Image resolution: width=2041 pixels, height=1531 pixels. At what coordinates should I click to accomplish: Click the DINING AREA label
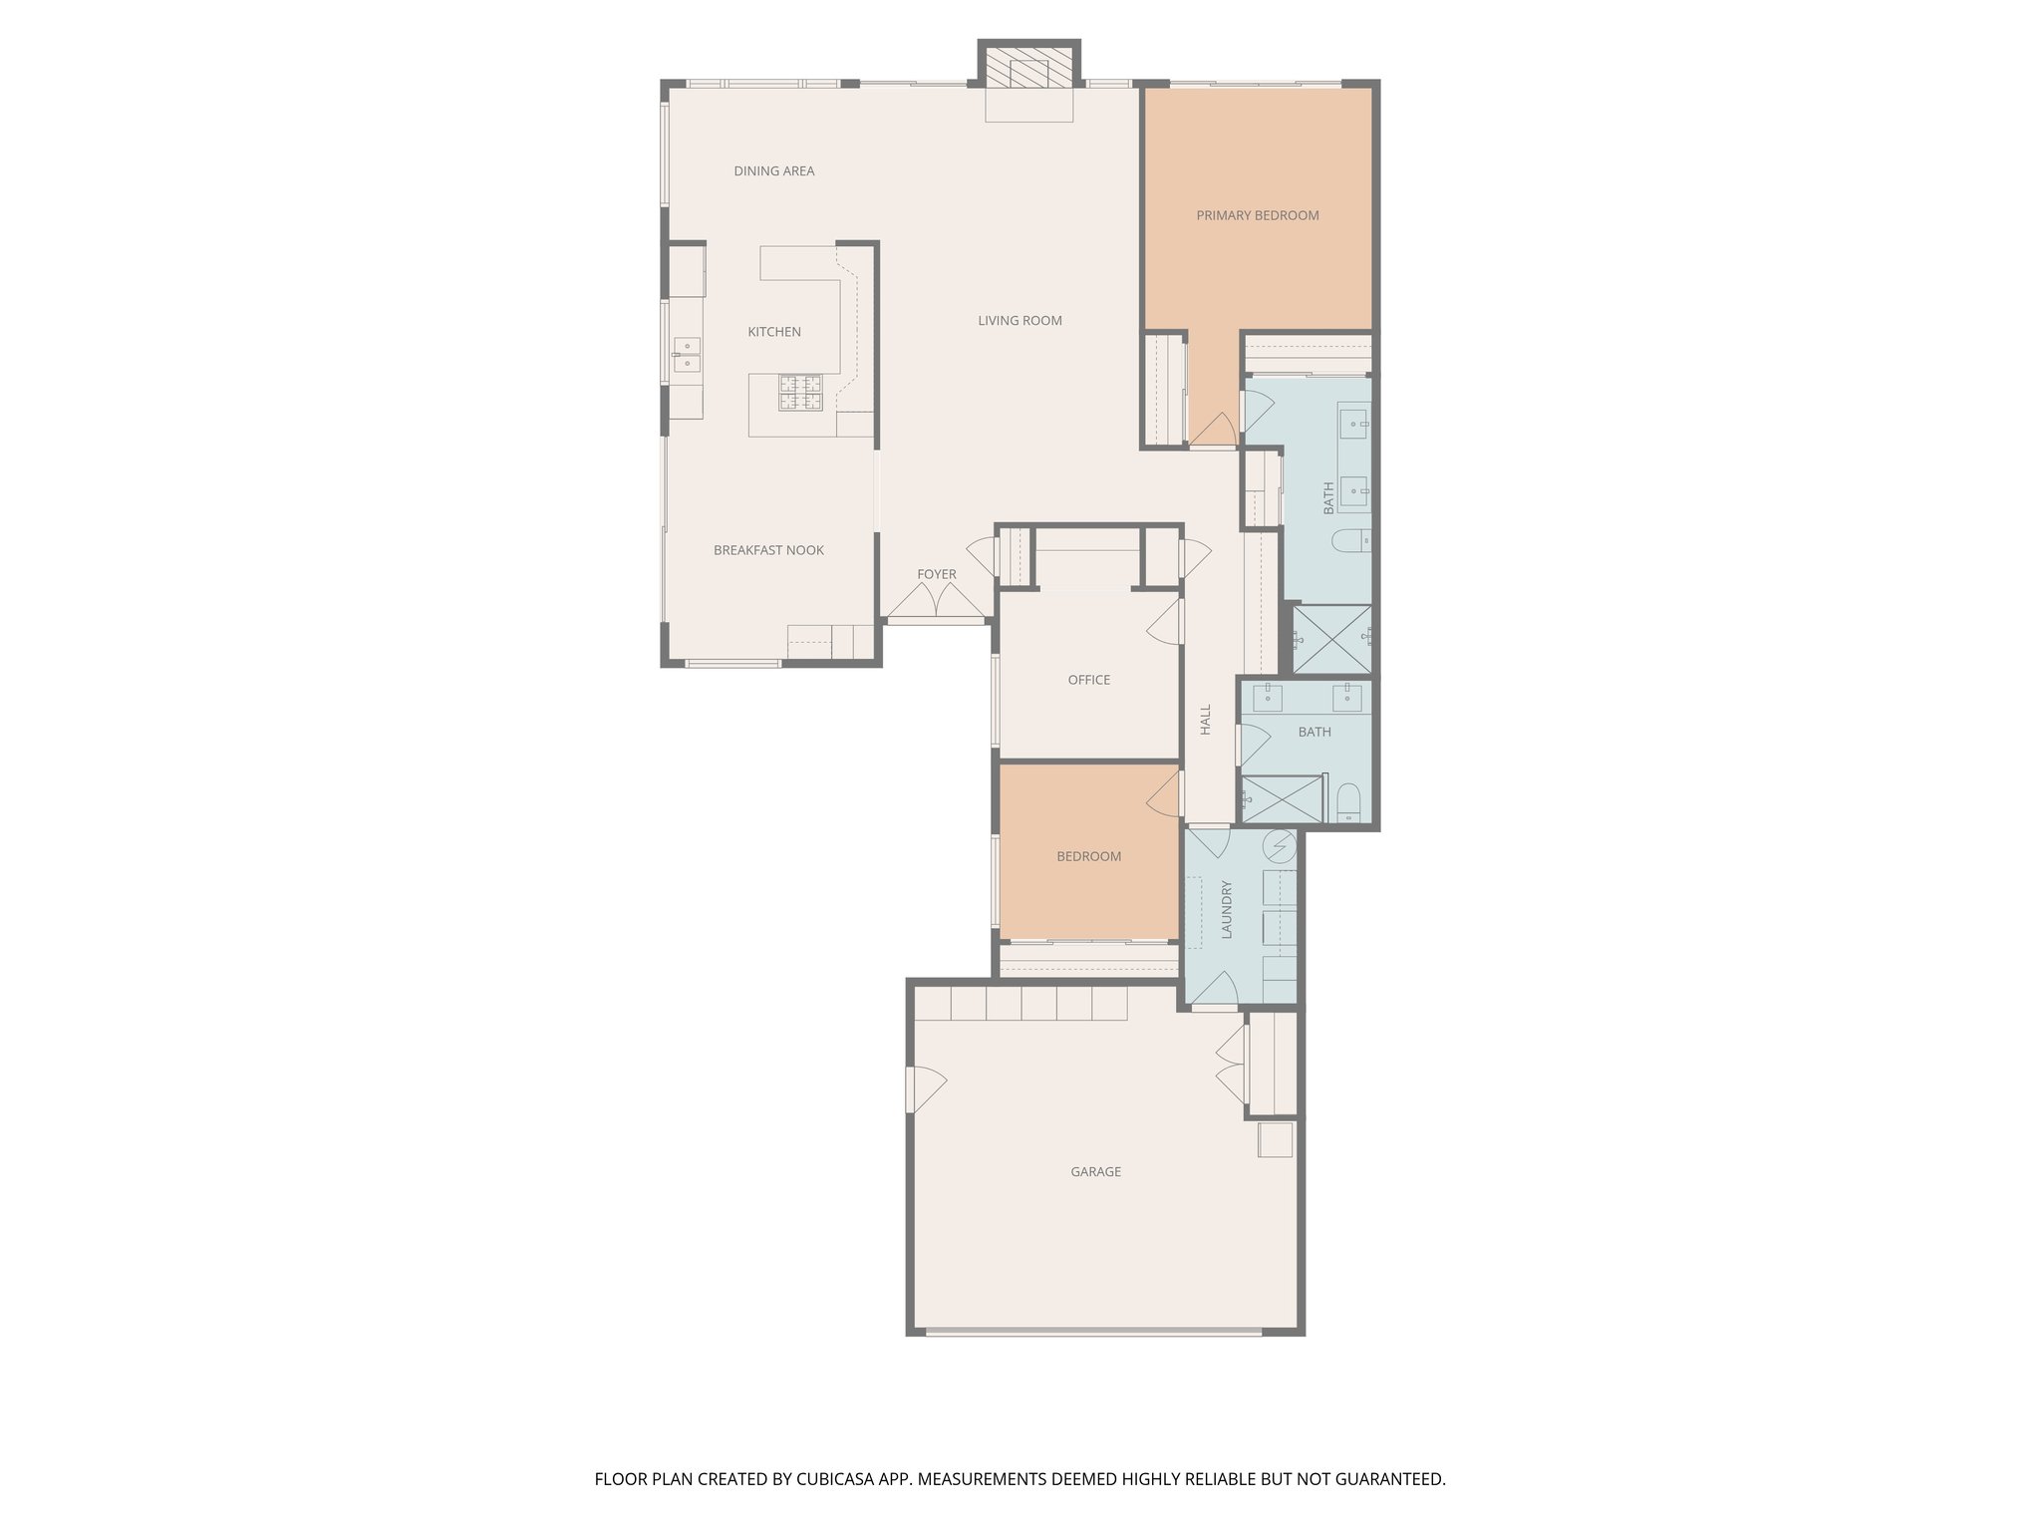coord(773,171)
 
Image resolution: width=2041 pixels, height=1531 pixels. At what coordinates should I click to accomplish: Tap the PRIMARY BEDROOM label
coord(1257,215)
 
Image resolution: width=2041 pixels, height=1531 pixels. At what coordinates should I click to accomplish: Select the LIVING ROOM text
coord(1020,321)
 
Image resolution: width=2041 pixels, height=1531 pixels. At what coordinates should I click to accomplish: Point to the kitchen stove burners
coord(800,393)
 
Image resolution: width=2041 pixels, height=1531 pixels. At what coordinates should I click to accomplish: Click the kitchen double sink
coord(686,355)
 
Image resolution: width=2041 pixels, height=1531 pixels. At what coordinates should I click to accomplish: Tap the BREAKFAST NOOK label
coord(768,550)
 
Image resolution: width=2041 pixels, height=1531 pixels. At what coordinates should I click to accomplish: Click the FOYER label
coord(936,574)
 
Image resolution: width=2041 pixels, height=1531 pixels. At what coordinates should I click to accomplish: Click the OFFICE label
coord(1088,680)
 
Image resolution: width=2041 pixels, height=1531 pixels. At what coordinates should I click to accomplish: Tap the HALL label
coord(1206,719)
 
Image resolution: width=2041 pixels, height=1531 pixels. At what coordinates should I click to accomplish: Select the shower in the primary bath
coord(1331,639)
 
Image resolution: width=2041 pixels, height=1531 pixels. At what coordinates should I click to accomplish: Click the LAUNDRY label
coord(1227,908)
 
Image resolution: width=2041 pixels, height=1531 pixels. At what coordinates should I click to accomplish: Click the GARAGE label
coord(1095,1172)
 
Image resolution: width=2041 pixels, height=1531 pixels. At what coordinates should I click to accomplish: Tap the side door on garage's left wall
coord(923,1089)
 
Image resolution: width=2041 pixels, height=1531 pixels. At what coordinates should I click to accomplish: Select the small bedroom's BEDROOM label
coord(1088,856)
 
